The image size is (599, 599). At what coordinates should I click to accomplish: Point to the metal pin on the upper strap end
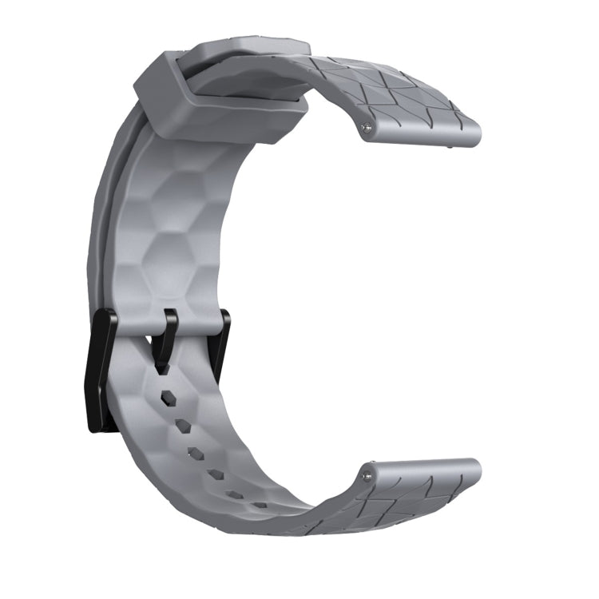[x=367, y=126]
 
